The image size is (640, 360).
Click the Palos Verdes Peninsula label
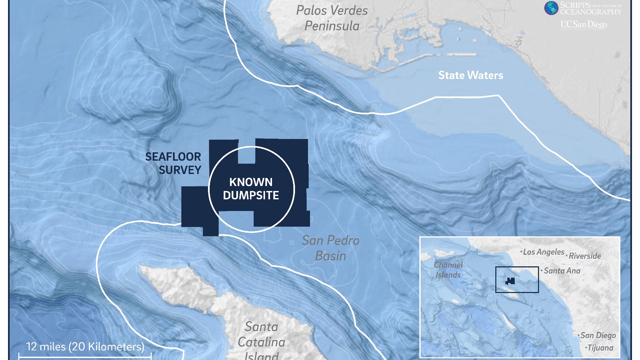pos(332,18)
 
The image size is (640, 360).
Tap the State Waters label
pos(470,75)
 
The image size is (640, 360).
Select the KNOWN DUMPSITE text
pos(251,189)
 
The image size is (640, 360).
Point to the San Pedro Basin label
pos(330,248)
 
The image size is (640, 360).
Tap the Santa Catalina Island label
pos(261,340)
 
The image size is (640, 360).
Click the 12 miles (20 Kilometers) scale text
pos(85,347)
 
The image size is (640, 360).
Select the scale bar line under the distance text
pos(85,357)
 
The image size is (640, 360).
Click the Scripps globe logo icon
pos(551,8)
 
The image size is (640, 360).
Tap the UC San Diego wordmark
pos(584,24)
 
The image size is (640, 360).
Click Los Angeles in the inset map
pos(543,252)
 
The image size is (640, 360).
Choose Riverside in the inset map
pos(585,256)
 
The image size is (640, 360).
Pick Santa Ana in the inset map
pos(562,271)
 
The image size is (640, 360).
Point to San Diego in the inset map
pos(598,335)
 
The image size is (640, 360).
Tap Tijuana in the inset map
pos(600,348)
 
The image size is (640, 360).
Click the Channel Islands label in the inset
pos(448,270)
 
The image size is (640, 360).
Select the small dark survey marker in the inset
pos(510,281)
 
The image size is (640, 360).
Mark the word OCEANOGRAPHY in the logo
pos(591,12)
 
